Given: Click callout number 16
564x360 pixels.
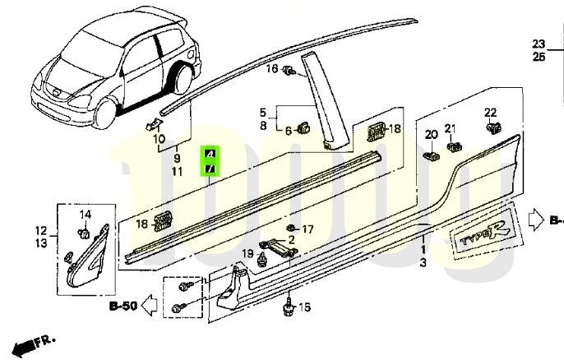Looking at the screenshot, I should click(x=272, y=69).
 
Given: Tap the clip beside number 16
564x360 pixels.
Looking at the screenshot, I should click(x=289, y=72).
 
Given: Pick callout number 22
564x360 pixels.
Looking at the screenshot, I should click(x=490, y=112).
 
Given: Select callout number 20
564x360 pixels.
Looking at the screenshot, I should click(x=432, y=134).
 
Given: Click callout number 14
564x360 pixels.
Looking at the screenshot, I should click(x=85, y=215).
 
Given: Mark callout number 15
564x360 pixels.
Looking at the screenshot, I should click(x=304, y=307).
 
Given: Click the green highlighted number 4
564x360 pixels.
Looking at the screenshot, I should click(x=210, y=154).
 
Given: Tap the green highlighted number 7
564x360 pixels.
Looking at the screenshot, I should click(x=210, y=168).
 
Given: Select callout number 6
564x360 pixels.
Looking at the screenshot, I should click(x=289, y=130).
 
